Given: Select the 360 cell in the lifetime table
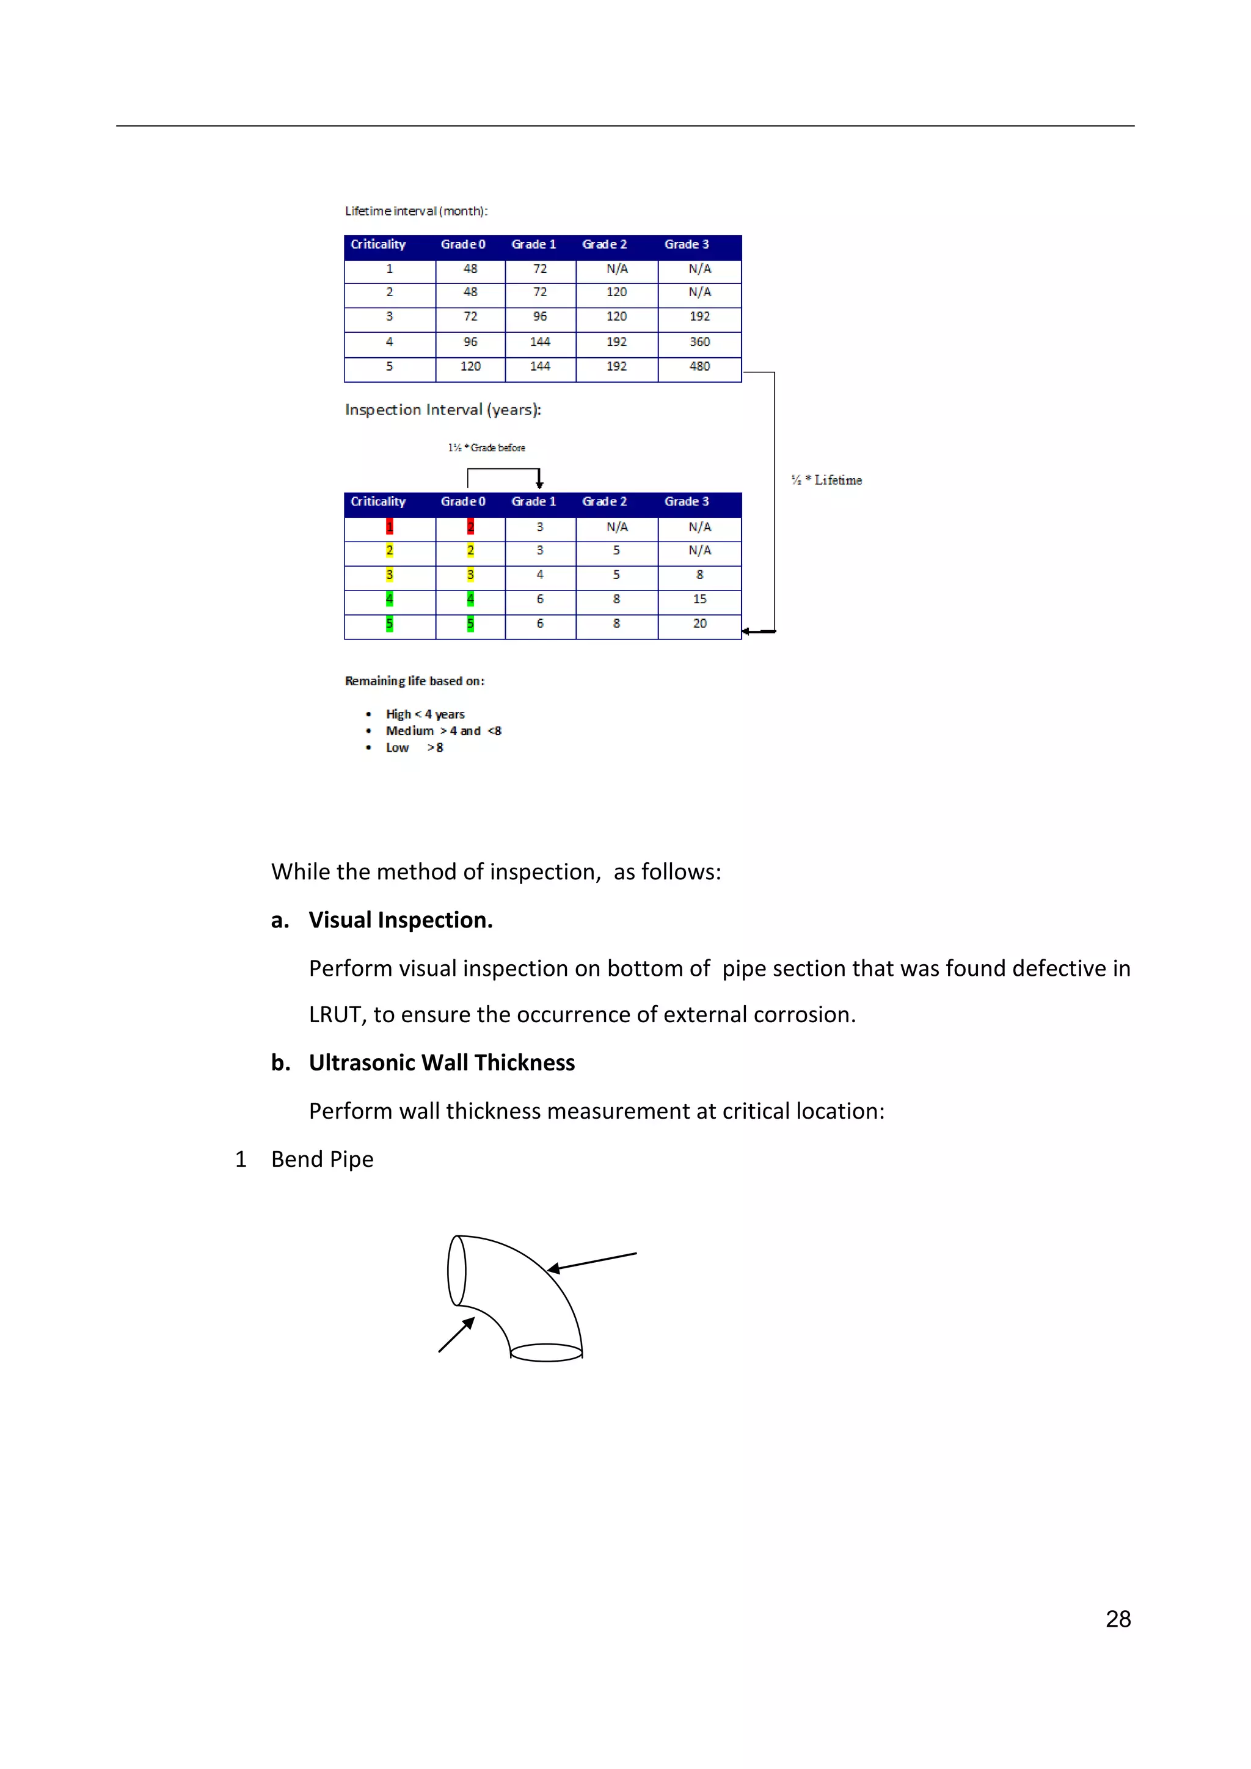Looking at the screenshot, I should coord(699,342).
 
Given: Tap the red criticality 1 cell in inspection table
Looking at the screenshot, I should coord(389,527).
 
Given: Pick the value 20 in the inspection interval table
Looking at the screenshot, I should coord(699,623).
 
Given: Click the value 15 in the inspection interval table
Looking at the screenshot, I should coord(699,598).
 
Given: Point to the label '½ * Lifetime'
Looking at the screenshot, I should coord(826,480).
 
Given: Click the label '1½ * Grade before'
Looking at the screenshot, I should coord(486,448).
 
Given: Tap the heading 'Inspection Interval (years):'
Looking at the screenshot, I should coord(442,410).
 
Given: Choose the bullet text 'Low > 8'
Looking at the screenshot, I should coord(414,747).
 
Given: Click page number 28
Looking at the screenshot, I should coord(1118,1619).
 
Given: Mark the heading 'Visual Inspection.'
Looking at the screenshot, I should coord(400,920).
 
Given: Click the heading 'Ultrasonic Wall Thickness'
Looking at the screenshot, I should coord(442,1062).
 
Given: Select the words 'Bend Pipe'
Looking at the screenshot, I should coord(322,1159).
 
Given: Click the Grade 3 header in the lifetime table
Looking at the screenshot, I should coord(686,244).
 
